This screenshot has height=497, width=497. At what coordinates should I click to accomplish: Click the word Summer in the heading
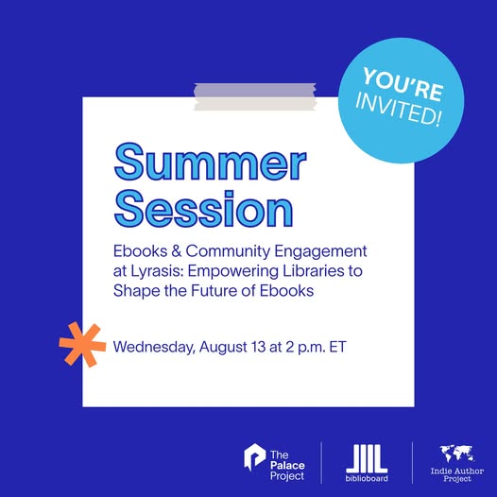tap(210, 162)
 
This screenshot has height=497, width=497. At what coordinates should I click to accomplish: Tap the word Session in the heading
tap(203, 209)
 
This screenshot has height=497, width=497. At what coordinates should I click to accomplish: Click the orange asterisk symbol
tap(83, 344)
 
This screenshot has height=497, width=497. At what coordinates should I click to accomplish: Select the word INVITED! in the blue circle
tap(398, 109)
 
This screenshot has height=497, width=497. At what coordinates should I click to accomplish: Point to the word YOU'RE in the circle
tap(403, 84)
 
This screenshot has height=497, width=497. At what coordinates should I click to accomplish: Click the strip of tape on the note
tap(255, 96)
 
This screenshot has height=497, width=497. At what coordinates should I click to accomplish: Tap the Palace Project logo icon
tap(254, 456)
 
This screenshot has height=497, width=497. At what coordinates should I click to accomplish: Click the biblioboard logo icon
tap(367, 458)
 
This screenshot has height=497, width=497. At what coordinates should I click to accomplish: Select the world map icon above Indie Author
tap(456, 454)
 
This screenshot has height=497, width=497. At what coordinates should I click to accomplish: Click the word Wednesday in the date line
tap(153, 347)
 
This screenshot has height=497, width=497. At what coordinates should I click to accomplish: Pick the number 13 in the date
tap(259, 347)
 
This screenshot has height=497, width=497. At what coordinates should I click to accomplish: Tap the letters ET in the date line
tap(338, 347)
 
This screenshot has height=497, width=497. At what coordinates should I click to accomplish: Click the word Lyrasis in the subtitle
tap(157, 271)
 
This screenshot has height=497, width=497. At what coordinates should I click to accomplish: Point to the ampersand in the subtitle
tap(177, 251)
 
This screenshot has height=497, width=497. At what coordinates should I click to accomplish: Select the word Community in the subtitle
tap(228, 251)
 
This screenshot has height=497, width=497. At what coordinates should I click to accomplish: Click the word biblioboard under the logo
tap(367, 478)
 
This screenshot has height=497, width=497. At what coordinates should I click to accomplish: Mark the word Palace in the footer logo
tap(287, 465)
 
